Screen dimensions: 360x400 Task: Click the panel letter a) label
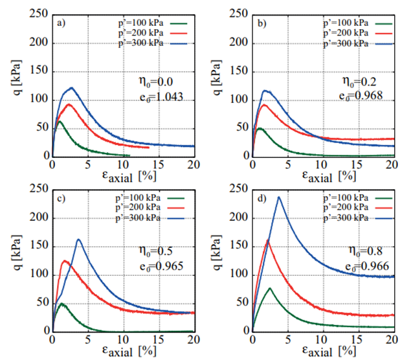pyautogui.click(x=61, y=23)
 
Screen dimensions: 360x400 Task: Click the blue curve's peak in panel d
pyautogui.click(x=280, y=197)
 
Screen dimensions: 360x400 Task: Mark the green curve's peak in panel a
pyautogui.click(x=60, y=121)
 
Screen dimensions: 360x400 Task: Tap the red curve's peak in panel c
pyautogui.click(x=64, y=260)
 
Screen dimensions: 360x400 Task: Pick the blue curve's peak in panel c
pyautogui.click(x=79, y=240)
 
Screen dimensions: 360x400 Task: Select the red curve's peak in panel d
pyautogui.click(x=268, y=241)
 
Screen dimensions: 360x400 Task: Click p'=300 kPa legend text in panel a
pyautogui.click(x=139, y=43)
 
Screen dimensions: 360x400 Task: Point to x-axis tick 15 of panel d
pyautogui.click(x=358, y=341)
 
